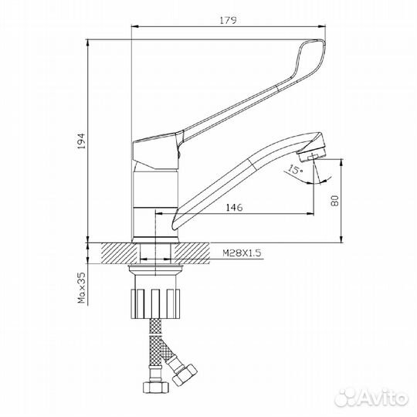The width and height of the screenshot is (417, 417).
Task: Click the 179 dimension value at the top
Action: point(228,20)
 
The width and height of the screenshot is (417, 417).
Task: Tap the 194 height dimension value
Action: point(81,141)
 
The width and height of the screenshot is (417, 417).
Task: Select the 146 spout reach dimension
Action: point(234,207)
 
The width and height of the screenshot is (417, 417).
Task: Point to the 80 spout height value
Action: point(334,201)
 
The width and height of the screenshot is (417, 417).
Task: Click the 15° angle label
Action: point(296,169)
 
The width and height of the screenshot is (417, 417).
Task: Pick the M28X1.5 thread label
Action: point(242,253)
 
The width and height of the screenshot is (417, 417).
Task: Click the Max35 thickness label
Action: point(81,288)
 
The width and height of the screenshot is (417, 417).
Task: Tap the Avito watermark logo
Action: point(371,398)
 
